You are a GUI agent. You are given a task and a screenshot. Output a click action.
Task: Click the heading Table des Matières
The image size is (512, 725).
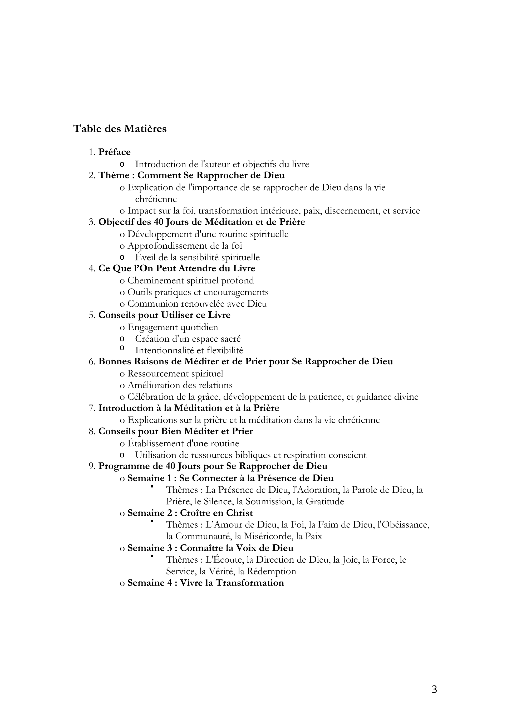[120, 129]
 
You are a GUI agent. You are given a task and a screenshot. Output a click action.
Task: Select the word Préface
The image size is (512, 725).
[115, 152]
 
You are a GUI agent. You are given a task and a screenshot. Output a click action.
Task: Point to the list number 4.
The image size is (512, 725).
[92, 269]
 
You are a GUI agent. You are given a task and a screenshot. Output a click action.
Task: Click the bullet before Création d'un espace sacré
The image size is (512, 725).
[122, 339]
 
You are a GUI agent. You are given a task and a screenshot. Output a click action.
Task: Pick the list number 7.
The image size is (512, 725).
[92, 409]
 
